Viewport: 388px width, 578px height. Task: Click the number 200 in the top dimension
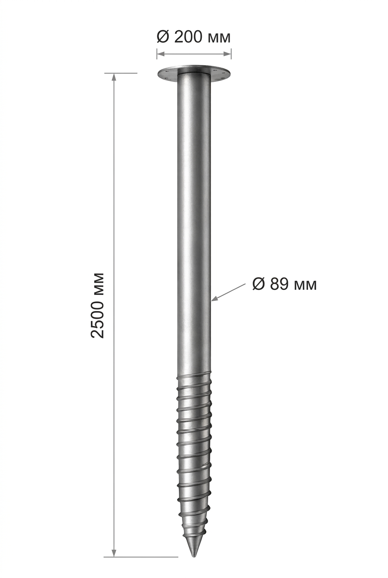(x=189, y=37)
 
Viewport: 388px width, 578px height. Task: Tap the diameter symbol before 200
(x=162, y=37)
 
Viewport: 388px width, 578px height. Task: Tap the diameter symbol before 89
(x=259, y=284)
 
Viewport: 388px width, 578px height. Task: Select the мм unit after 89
(x=305, y=286)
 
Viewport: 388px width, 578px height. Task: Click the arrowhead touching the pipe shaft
(x=215, y=299)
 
